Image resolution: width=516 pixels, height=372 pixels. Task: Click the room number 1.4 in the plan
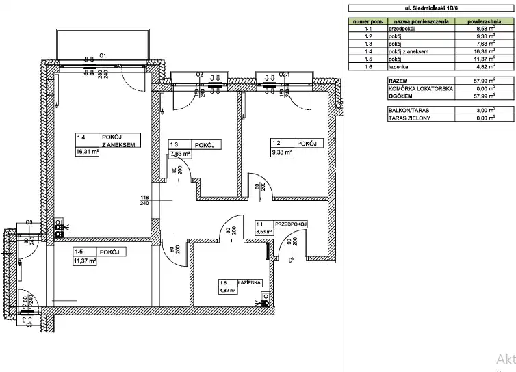(82, 137)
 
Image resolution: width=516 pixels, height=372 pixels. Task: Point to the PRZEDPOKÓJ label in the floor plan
(290, 224)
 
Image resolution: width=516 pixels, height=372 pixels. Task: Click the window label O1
(103, 55)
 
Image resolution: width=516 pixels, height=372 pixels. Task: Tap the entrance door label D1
(291, 261)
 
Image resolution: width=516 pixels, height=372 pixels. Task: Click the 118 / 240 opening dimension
(144, 200)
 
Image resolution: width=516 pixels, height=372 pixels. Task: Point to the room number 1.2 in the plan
(276, 144)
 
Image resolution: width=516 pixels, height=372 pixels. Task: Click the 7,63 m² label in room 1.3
(181, 154)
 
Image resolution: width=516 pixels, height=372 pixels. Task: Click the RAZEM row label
(398, 81)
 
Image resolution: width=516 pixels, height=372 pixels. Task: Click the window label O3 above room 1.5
(29, 222)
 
